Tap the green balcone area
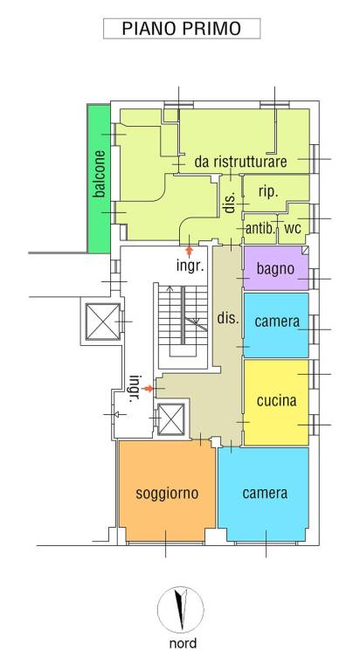(100, 175)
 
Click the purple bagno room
(275, 269)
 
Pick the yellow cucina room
(276, 402)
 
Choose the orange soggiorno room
(167, 493)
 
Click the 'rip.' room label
(267, 194)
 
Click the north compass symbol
(181, 610)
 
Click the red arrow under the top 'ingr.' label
(190, 252)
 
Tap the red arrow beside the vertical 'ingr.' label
(149, 387)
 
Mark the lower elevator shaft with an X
(170, 419)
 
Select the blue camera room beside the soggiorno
(265, 493)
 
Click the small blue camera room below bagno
(276, 322)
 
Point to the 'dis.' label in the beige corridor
(227, 319)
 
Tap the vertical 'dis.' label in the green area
(230, 203)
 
